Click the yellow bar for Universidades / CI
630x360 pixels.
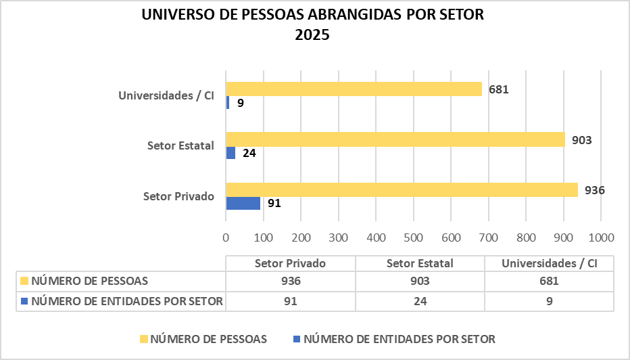[354, 89]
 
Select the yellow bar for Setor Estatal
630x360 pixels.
[395, 139]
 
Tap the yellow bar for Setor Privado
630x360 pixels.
[402, 189]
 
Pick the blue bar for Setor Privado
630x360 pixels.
[243, 203]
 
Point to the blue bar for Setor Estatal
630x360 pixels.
[231, 153]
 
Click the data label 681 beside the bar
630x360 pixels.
[499, 89]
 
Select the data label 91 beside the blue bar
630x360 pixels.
[273, 203]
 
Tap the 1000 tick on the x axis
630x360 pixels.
[601, 238]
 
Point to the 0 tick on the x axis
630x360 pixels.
[226, 238]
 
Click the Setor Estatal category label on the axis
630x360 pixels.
[180, 145]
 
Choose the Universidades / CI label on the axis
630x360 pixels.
[166, 95]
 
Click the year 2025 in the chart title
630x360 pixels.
[312, 35]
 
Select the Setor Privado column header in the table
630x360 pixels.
[291, 263]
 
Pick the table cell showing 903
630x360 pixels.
[420, 281]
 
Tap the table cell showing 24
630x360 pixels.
[420, 301]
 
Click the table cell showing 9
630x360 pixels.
[550, 301]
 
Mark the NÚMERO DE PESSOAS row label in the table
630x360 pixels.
[89, 281]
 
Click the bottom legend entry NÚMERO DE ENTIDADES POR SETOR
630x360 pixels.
[399, 338]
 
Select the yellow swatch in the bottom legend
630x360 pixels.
[143, 338]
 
